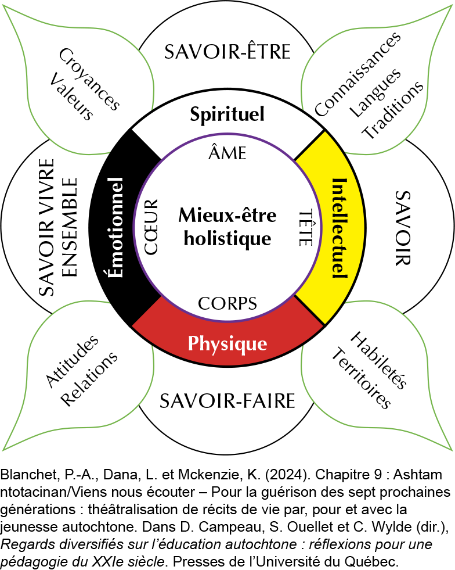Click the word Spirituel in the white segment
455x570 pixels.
pyautogui.click(x=228, y=114)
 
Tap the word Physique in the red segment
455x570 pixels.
pyautogui.click(x=228, y=343)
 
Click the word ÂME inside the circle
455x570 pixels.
pyautogui.click(x=228, y=153)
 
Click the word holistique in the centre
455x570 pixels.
pyautogui.click(x=228, y=238)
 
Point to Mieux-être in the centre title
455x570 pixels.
pyautogui.click(x=228, y=216)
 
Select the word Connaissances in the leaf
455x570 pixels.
pyautogui.click(x=358, y=74)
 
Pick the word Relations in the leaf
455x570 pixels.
pyautogui.click(x=89, y=379)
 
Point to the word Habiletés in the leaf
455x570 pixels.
pyautogui.click(x=378, y=360)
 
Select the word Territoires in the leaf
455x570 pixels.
pyautogui.click(x=360, y=378)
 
